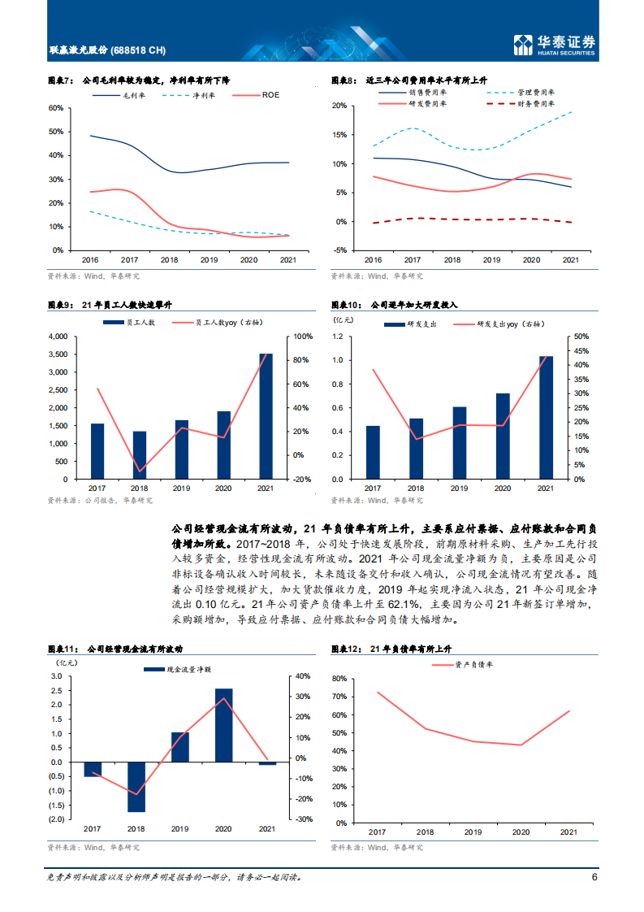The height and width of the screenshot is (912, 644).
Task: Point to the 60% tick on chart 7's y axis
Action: click(56, 107)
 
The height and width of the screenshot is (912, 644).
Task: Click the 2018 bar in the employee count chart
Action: click(140, 455)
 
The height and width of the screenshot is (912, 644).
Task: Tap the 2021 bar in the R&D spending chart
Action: click(546, 418)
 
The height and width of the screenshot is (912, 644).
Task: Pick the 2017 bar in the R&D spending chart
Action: click(373, 452)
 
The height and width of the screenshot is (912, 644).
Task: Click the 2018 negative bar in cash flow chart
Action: click(136, 787)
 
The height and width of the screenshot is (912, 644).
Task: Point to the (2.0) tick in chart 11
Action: click(57, 819)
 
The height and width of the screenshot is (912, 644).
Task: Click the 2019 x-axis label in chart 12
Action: click(472, 832)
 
